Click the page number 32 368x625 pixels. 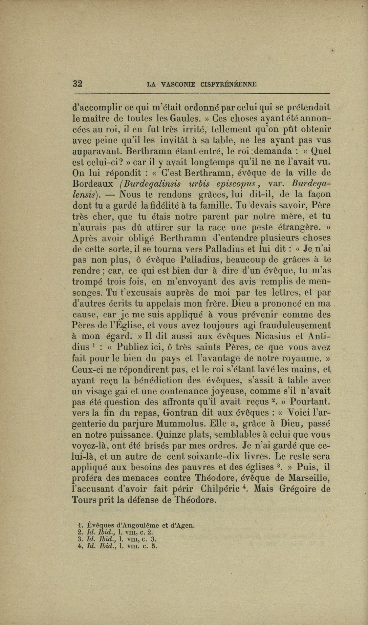78,84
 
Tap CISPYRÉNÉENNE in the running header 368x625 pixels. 229,84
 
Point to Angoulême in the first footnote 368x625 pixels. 137,525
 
